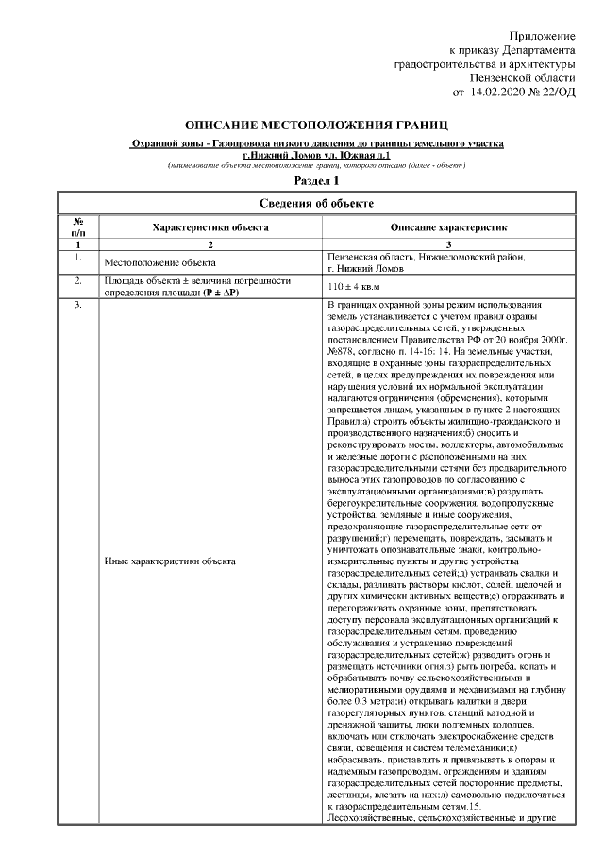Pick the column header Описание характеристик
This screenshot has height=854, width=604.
click(448, 227)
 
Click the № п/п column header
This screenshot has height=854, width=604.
click(76, 227)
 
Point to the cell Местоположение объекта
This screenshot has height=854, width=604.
click(152, 262)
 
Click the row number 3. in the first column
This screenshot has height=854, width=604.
click(76, 306)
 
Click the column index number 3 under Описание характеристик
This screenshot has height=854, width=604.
click(448, 243)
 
